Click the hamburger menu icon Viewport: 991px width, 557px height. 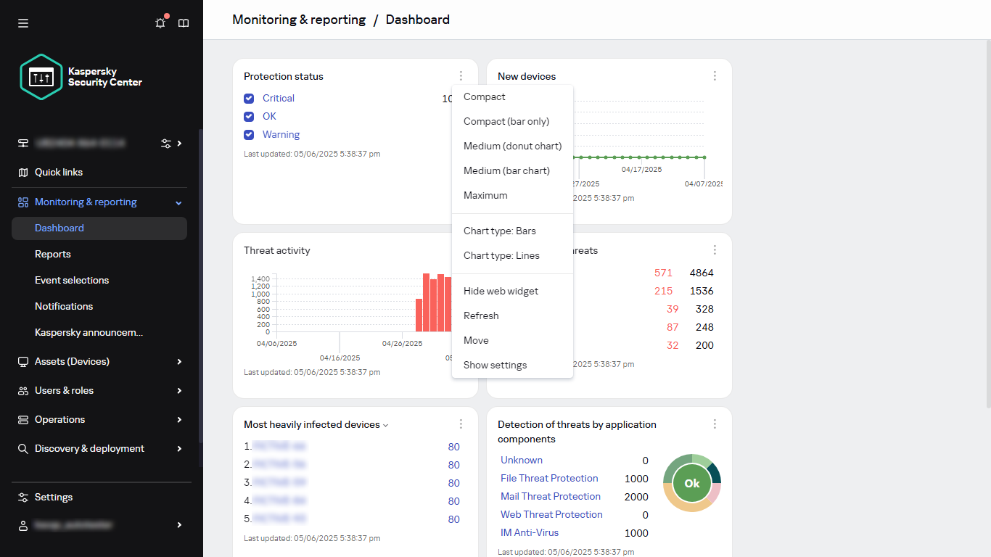click(x=23, y=23)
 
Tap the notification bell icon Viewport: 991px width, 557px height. click(x=160, y=23)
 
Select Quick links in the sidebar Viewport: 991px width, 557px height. click(x=58, y=172)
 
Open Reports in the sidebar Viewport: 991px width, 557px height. click(x=53, y=254)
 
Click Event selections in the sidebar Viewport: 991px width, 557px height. click(x=72, y=280)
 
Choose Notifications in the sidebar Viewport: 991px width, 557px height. click(x=64, y=306)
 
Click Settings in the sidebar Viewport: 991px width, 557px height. click(x=54, y=497)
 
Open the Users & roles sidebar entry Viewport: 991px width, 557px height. click(x=64, y=390)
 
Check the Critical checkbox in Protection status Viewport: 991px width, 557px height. click(x=249, y=98)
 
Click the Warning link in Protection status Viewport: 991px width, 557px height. click(x=281, y=134)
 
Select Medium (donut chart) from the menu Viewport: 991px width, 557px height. click(x=512, y=146)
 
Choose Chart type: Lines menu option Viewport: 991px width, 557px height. click(x=501, y=255)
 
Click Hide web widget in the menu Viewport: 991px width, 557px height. click(x=501, y=291)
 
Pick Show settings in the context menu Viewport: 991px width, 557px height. click(x=495, y=365)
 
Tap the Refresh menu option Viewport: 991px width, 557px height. click(x=481, y=315)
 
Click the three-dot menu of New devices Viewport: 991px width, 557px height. click(x=715, y=76)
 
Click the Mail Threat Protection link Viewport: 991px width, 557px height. click(x=551, y=496)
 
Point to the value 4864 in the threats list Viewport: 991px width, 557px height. click(x=702, y=273)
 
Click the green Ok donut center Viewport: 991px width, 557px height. click(x=692, y=483)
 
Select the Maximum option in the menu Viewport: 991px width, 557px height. click(x=485, y=195)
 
